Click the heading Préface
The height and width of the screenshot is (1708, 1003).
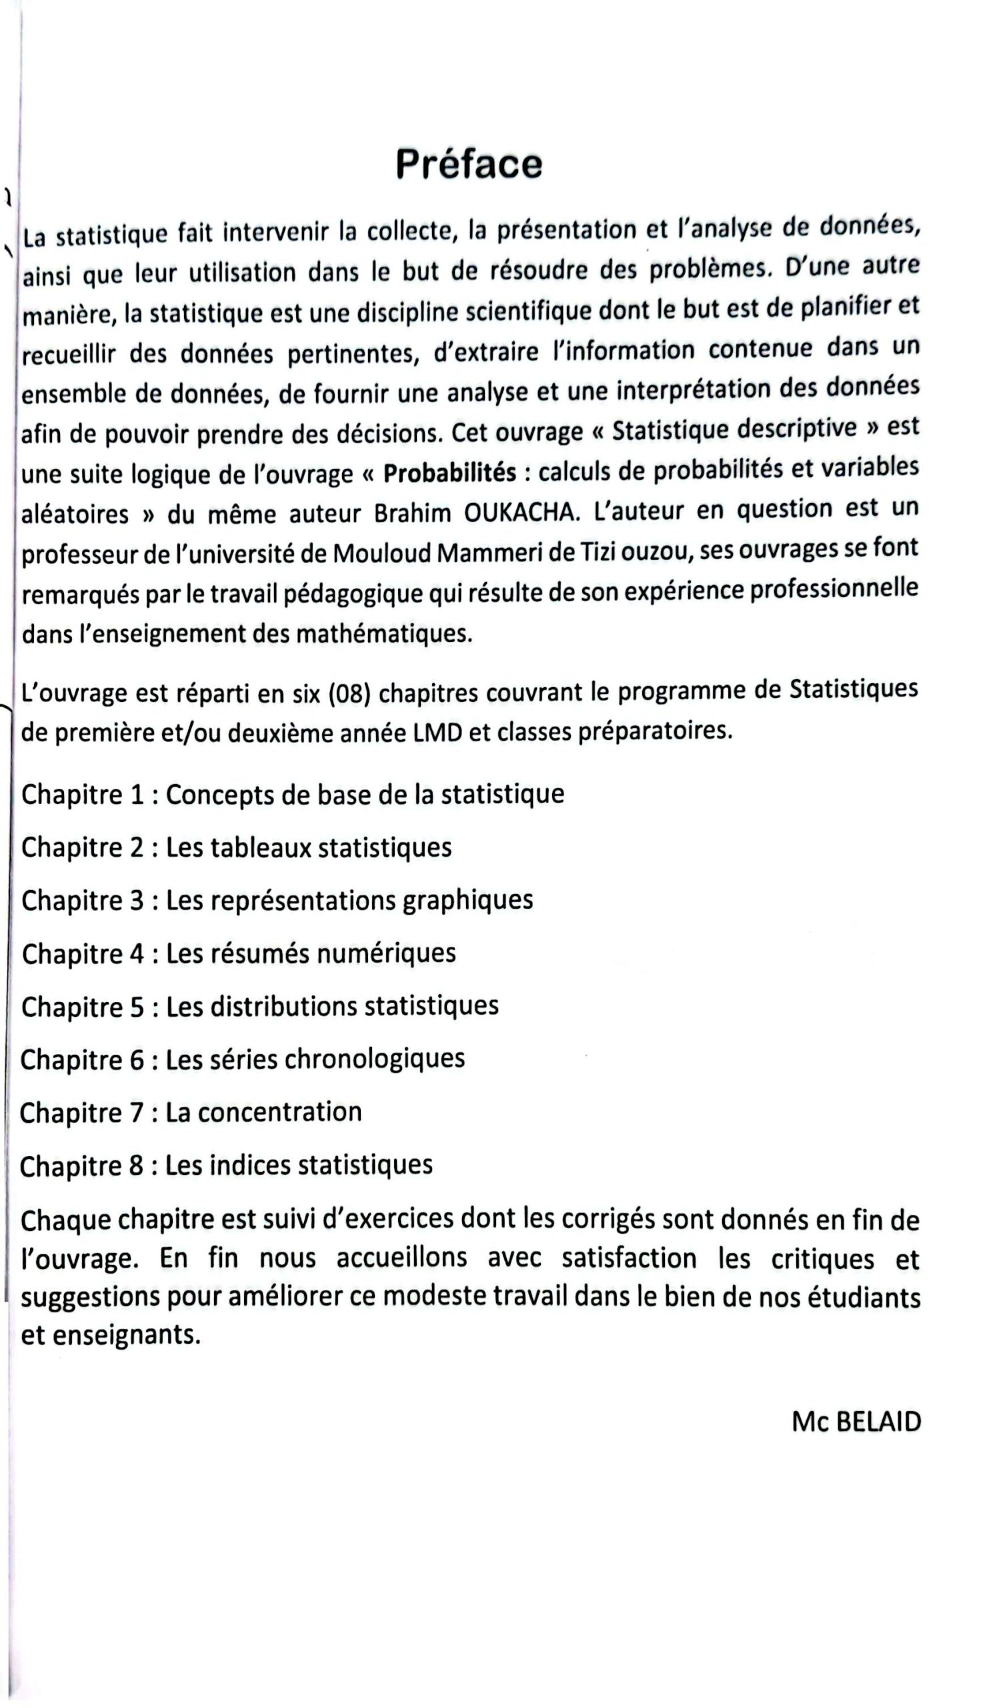tap(469, 164)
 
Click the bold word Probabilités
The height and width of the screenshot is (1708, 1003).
tap(449, 472)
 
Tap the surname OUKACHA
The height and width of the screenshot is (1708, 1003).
tap(522, 512)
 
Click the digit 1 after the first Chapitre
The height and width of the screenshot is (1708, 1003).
tap(137, 795)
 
